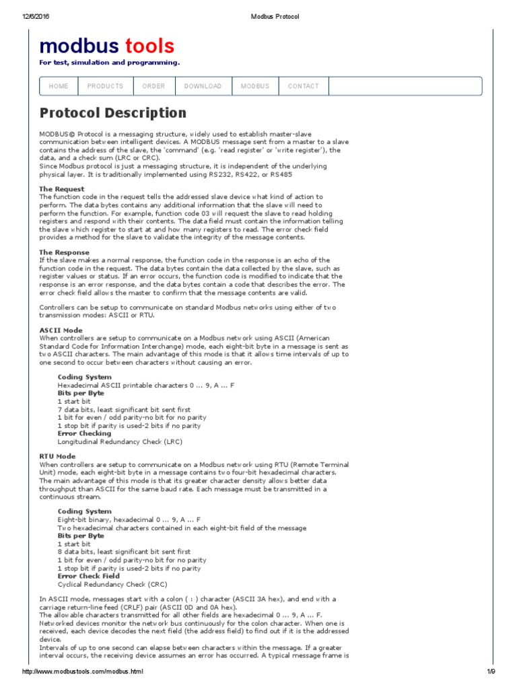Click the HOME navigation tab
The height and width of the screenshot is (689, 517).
(59, 86)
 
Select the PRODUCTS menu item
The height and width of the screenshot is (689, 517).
(105, 86)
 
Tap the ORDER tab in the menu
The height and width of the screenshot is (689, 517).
(153, 86)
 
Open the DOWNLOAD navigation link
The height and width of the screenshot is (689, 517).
(203, 86)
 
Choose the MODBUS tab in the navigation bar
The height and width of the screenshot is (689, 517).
(255, 86)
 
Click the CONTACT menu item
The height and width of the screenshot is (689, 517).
(303, 86)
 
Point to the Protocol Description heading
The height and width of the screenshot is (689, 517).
(112, 113)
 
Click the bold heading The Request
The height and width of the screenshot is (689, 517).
(62, 189)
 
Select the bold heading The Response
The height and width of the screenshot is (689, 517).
(64, 252)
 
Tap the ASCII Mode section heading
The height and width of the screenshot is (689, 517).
(61, 330)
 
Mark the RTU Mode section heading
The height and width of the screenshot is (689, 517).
(57, 456)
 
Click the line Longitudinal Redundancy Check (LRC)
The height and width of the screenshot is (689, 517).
(120, 442)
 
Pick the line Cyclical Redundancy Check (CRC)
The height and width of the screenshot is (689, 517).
(112, 585)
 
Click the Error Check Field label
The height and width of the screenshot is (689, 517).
(89, 576)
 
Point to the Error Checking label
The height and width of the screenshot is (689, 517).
(85, 434)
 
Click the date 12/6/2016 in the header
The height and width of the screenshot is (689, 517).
(26, 17)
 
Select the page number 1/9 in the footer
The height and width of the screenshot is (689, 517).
(491, 672)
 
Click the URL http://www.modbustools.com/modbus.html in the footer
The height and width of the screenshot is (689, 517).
(83, 672)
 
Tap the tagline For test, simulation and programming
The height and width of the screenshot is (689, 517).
(109, 63)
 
